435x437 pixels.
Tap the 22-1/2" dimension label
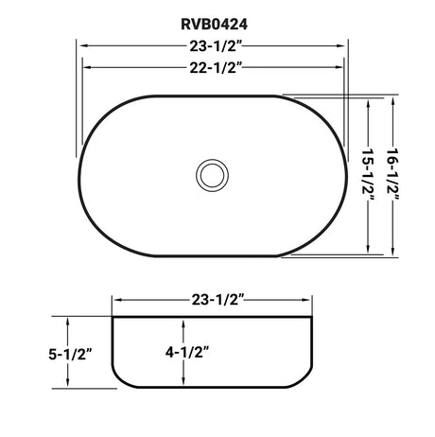[x=213, y=66]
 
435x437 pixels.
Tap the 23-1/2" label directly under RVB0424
[x=213, y=44]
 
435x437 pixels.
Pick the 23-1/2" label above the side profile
[x=213, y=300]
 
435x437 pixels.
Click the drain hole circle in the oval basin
[x=211, y=175]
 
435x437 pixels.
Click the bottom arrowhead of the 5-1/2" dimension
[x=68, y=384]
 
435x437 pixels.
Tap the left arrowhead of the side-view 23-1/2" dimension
[x=116, y=300]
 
